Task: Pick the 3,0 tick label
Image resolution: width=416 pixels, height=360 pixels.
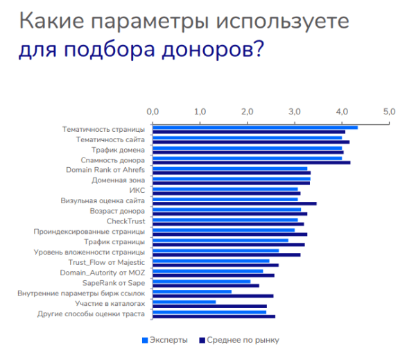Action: coord(294,111)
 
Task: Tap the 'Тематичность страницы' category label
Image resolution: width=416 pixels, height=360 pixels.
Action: coord(103,129)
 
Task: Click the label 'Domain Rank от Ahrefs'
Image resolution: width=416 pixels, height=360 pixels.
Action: coord(105,170)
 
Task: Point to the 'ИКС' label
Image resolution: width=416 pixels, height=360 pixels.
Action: coord(137,190)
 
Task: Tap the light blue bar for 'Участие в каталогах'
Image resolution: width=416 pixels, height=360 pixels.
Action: coord(184,302)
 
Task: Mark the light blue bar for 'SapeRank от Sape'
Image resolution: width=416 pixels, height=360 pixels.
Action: coord(201,281)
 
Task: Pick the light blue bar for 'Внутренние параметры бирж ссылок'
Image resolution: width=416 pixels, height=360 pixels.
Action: coord(192,291)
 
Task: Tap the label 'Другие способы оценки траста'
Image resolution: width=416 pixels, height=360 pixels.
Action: coord(91,314)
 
